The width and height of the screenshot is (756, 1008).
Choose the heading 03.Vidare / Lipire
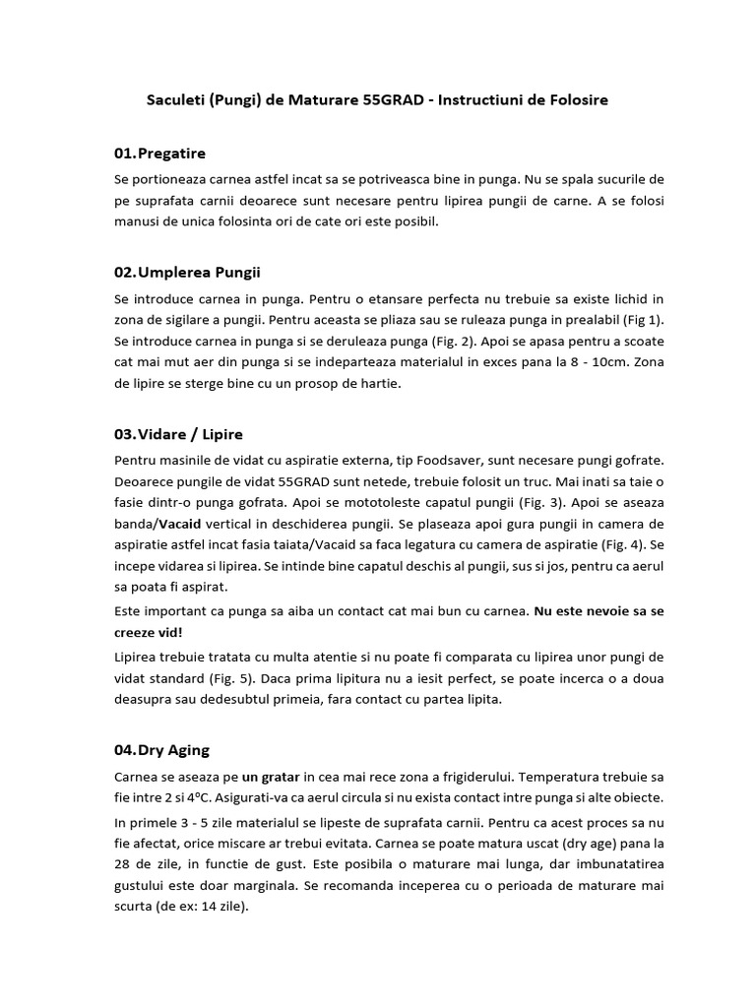pyautogui.click(x=178, y=433)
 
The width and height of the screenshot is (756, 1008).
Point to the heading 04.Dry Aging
pyautogui.click(x=161, y=750)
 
